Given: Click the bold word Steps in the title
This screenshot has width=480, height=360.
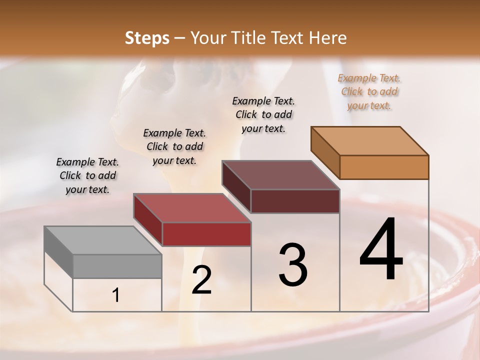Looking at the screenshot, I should pos(147,38).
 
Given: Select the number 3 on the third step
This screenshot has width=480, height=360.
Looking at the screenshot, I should pos(293,265).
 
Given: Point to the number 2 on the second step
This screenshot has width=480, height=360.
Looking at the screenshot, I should pos(201,280).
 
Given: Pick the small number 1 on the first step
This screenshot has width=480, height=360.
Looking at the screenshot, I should pos(116,295).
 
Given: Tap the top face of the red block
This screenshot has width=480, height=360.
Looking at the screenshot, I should pos(191,208).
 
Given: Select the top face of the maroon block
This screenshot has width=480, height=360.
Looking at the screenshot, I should pos(280,175).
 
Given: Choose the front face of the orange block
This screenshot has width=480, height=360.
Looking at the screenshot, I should pos(384,167).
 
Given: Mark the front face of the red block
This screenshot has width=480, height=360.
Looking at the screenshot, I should pos(206,234).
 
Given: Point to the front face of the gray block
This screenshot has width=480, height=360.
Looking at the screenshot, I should pos(117,266).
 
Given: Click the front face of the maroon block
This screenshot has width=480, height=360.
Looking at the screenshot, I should pos(295,201).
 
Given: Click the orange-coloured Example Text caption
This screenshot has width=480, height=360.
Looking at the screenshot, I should pos(369,91).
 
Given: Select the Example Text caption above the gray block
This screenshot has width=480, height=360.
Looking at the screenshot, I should pos(87,175).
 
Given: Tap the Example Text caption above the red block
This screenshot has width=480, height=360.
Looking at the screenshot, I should pos(174,146).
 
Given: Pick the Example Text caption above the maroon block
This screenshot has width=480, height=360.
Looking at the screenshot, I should pos(263,114).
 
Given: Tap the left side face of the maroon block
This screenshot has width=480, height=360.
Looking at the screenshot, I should pos(236,186).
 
